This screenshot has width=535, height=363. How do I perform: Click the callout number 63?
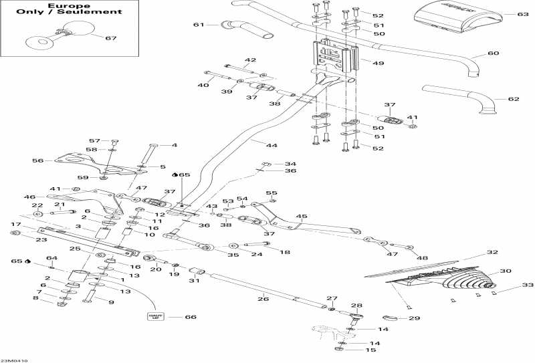pyautogui.click(x=522, y=13)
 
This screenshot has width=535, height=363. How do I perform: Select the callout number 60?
pyautogui.click(x=493, y=53)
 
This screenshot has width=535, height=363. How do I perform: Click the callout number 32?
pyautogui.click(x=492, y=253)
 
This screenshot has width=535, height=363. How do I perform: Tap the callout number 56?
pyautogui.click(x=37, y=160)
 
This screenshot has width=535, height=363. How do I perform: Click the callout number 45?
pyautogui.click(x=302, y=217)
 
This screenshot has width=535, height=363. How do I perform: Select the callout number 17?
pyautogui.click(x=15, y=224)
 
